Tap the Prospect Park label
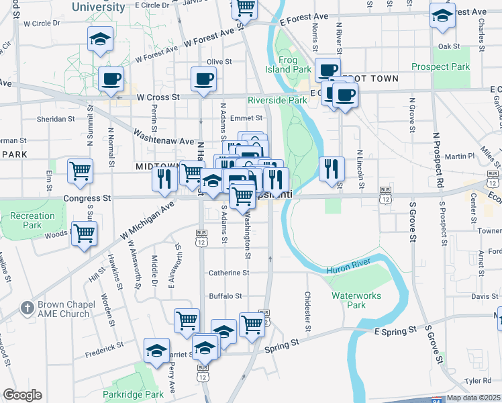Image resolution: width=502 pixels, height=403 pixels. pos(440,67)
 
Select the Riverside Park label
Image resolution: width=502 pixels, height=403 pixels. pos(277,100)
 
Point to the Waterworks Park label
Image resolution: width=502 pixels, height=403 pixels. pos(348,300)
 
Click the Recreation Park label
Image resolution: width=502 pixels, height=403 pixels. pos(32,220)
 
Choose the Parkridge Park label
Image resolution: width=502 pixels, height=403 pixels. pos(133,394)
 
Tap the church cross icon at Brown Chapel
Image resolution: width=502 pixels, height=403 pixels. pos(28,308)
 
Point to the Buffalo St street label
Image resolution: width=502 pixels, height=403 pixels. pos(225,296)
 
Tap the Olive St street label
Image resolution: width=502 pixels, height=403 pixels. pos(219,62)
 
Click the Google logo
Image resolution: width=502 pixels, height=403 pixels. pos(22,395)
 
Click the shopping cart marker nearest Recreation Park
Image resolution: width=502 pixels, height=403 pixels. pos(85,234)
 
